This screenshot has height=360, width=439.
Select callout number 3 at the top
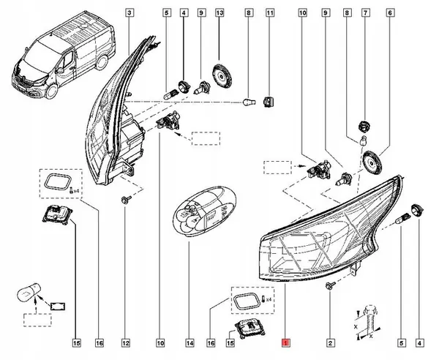129,12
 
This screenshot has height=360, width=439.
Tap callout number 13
219,12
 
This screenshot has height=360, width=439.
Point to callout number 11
270,12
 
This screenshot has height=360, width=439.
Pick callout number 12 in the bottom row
126,342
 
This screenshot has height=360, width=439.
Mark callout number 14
189,342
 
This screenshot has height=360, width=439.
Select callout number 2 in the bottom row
330,342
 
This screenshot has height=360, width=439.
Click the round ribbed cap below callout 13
219,75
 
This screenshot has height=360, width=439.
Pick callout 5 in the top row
167,12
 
